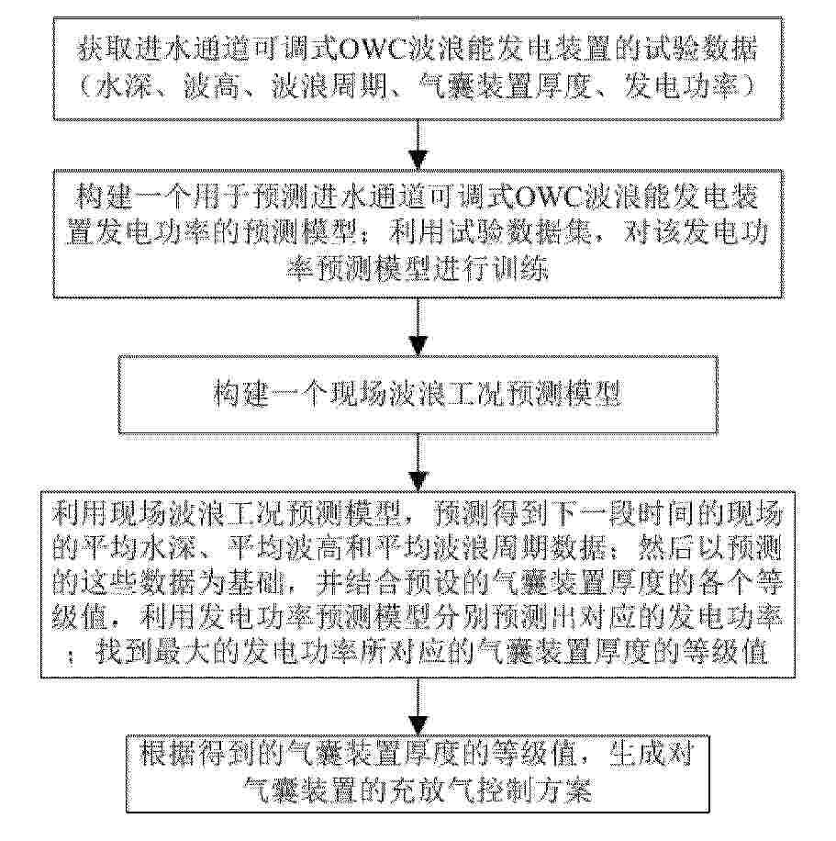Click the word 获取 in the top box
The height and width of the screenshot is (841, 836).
(106, 50)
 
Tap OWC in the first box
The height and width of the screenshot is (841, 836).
(373, 50)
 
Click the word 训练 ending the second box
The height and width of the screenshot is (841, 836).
(519, 268)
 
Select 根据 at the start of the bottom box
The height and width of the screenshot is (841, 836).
(169, 754)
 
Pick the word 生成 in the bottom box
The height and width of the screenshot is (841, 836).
(638, 754)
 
